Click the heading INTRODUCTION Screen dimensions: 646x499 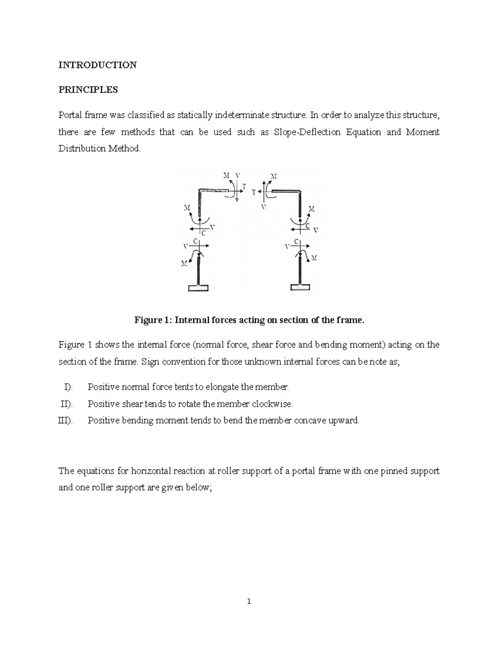pyautogui.click(x=97, y=65)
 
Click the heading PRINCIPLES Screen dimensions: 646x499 pyautogui.click(x=88, y=90)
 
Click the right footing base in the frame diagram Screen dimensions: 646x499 pyautogui.click(x=300, y=287)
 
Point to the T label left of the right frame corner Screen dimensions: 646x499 pyautogui.click(x=254, y=193)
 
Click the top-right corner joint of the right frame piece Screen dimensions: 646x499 pyautogui.click(x=299, y=192)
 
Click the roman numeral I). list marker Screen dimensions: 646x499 pyautogui.click(x=68, y=387)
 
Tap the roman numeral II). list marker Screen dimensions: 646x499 pyautogui.click(x=67, y=404)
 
